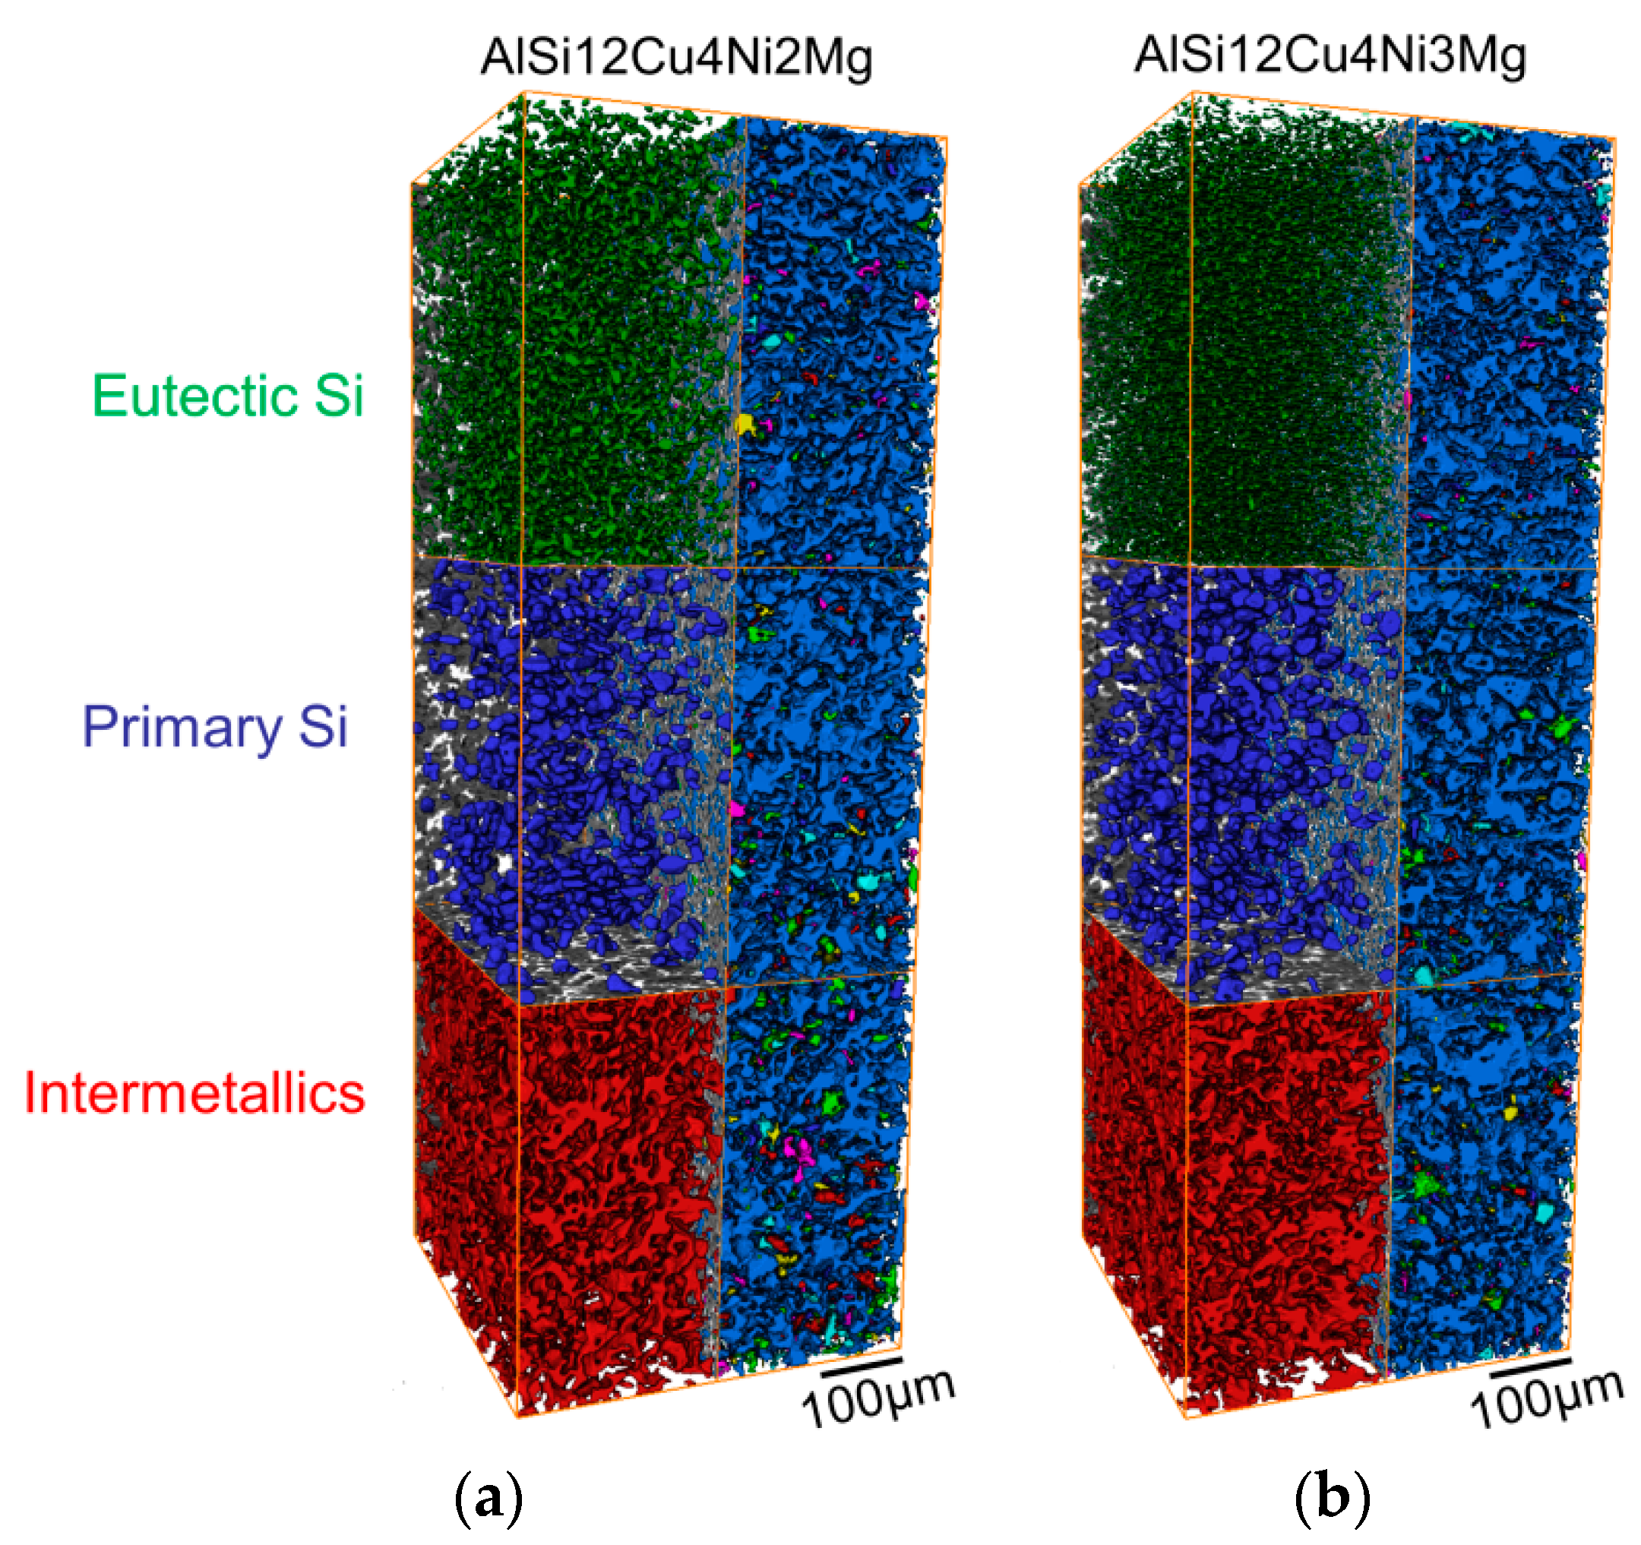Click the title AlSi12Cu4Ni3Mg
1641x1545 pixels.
1330,56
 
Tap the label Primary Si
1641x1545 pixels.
214,726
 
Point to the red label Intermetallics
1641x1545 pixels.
194,1093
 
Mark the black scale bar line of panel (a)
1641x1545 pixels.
860,1365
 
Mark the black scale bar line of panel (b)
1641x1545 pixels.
1529,1365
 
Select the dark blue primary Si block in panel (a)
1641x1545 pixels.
570,743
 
